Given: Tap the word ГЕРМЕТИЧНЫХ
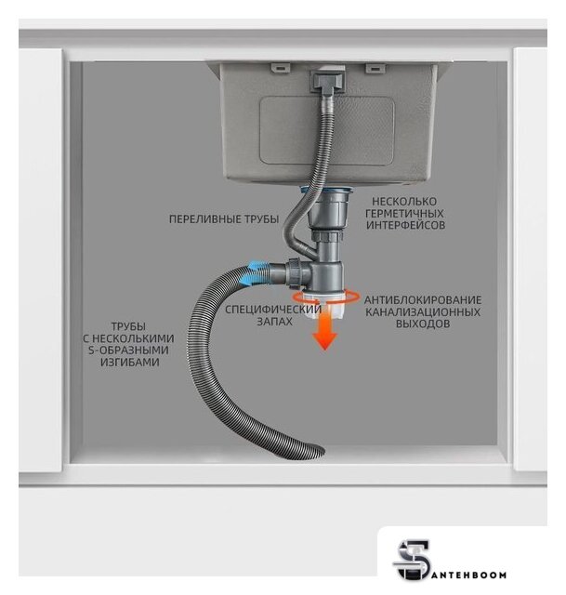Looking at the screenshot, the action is coord(404,213).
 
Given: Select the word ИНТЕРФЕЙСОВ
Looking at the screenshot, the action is coord(405,225).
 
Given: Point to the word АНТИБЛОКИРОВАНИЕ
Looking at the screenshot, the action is coord(423,299).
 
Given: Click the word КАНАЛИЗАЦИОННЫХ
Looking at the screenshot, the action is coord(423,312).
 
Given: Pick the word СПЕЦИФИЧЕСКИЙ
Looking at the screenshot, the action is coord(273,310).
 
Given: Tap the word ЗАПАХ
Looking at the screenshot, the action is coord(275,322).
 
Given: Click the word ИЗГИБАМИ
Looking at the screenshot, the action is coord(130,362).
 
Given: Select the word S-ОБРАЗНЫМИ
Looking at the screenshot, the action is coord(128,350).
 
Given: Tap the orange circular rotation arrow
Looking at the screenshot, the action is coord(325,297).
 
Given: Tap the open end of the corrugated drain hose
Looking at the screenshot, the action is coord(316,452).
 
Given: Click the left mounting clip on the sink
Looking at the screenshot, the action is coord(281,68).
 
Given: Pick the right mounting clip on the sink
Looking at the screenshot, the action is coord(375,68).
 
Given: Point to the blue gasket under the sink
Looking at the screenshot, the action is coord(327,190).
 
